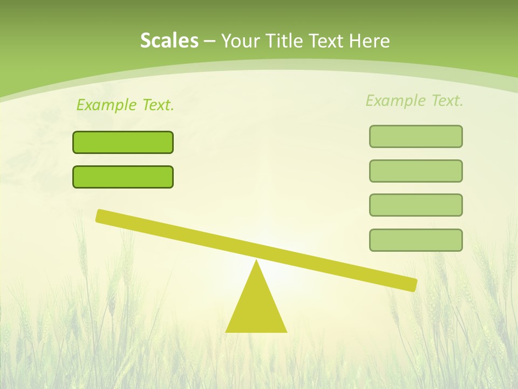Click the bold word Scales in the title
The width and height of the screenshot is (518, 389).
(x=169, y=41)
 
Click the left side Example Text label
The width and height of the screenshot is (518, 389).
(x=125, y=105)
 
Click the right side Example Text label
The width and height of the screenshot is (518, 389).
(x=414, y=100)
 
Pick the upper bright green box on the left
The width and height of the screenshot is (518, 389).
(x=123, y=142)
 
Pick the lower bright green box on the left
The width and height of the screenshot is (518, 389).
(x=123, y=177)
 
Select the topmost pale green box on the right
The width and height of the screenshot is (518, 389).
(x=416, y=136)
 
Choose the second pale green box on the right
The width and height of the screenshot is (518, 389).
(x=416, y=171)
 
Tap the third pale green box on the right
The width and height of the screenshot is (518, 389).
(x=416, y=205)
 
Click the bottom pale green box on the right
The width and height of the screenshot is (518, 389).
(x=416, y=240)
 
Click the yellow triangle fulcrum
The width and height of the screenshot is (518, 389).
(x=256, y=308)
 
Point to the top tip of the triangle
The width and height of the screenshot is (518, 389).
(x=256, y=261)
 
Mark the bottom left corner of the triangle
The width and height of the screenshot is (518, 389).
(x=227, y=331)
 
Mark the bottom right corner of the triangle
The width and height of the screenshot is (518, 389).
(x=285, y=331)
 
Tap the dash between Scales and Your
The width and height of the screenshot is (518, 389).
(x=209, y=41)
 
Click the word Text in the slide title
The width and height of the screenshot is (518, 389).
(x=325, y=41)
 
